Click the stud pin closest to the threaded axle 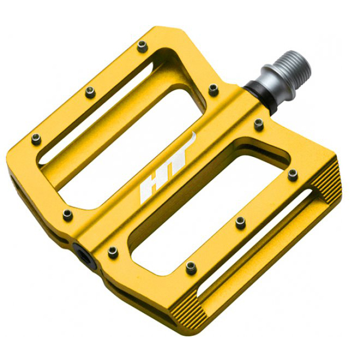(214, 90)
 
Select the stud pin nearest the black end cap (113, 252)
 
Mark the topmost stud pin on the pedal (142, 46)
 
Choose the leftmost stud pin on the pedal (36, 139)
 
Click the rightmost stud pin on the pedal (293, 175)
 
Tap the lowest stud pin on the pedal (191, 267)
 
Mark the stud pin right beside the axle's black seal (259, 125)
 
